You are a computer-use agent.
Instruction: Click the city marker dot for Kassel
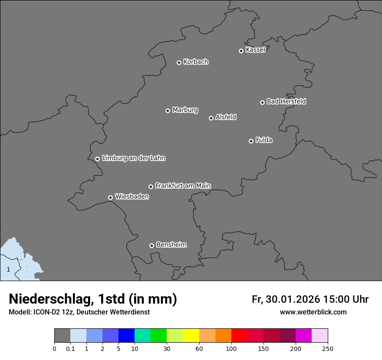point(241,51)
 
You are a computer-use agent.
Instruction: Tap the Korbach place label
point(196,62)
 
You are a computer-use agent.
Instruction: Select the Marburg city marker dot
point(168,111)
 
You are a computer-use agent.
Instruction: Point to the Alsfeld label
point(226,117)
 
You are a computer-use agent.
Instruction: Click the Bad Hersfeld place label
point(286,101)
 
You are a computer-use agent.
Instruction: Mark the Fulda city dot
point(251,141)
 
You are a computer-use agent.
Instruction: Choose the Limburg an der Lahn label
point(133,158)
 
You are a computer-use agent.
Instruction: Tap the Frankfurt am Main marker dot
point(151,187)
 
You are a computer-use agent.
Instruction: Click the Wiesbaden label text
point(132,197)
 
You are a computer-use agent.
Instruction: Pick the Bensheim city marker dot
point(151,245)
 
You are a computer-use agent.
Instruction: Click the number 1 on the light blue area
point(8,269)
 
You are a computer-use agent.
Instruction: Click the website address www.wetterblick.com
point(313,312)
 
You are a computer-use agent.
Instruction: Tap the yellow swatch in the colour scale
point(191,336)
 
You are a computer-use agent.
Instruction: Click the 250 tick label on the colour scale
point(328,348)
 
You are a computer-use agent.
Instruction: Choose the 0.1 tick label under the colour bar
point(70,348)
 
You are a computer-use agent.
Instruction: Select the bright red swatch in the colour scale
point(239,336)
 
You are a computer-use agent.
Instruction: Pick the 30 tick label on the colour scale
point(167,348)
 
